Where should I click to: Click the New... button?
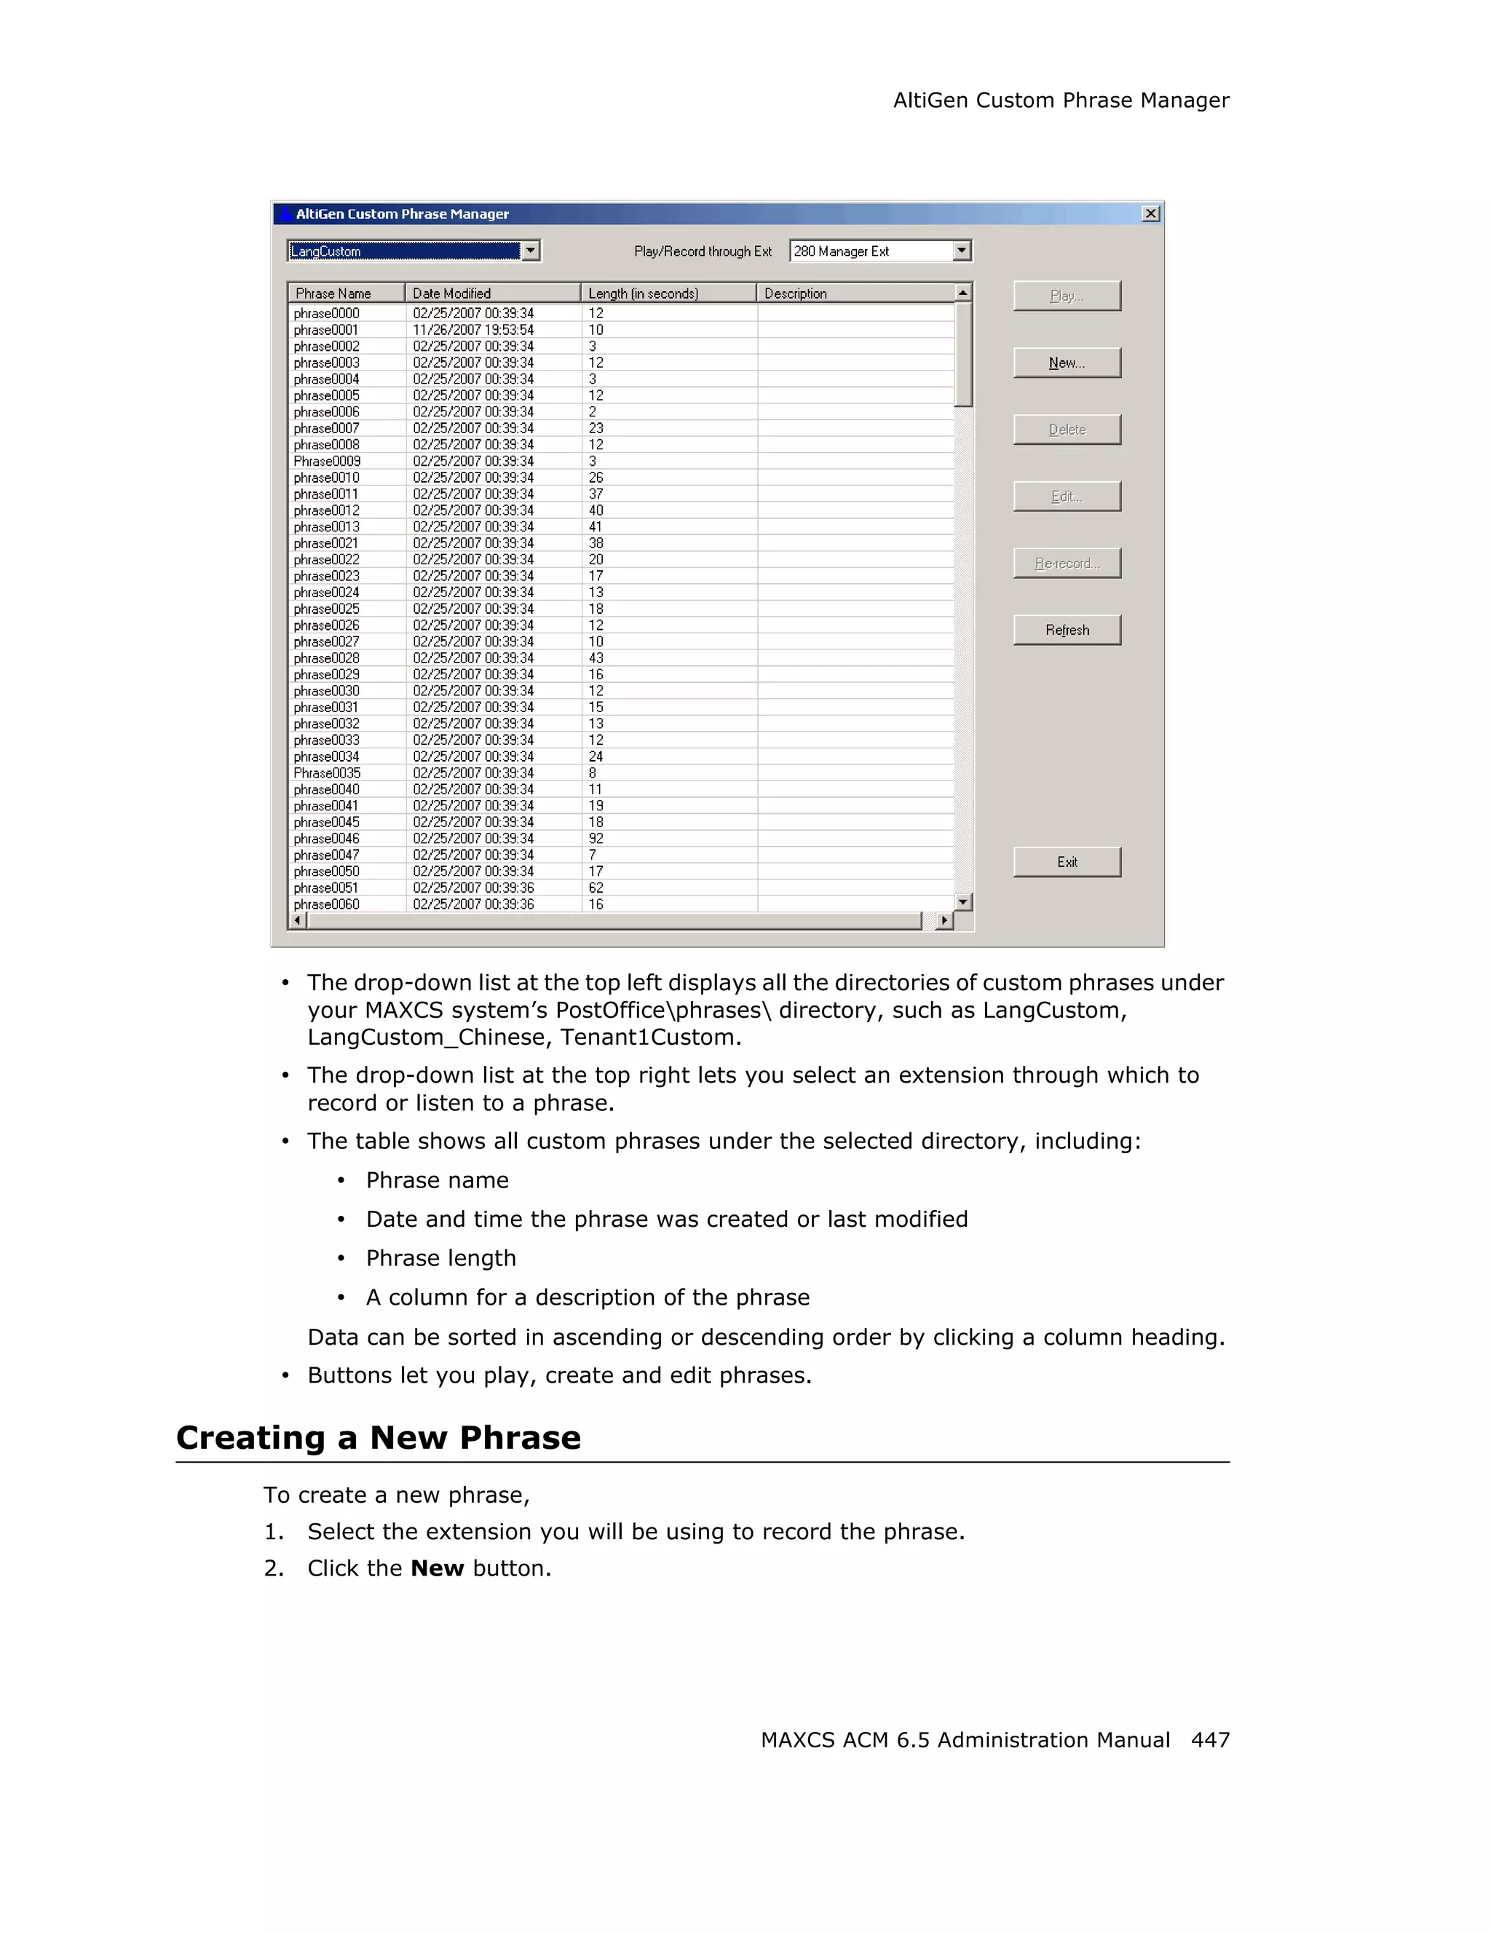point(1067,363)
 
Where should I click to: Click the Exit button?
point(1067,862)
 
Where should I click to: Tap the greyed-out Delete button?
point(1067,430)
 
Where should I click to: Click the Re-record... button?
point(1067,563)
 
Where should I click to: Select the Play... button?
point(1067,296)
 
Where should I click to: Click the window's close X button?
point(1150,213)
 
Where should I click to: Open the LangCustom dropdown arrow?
point(530,250)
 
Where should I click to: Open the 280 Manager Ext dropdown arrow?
point(962,250)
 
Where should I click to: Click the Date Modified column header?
point(492,293)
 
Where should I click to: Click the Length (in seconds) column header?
point(667,293)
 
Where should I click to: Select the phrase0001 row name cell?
point(326,330)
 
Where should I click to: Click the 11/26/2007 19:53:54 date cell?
point(473,330)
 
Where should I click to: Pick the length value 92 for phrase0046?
point(596,839)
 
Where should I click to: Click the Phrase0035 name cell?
point(328,773)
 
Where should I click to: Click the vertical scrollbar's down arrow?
point(964,902)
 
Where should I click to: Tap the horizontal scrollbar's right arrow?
point(945,920)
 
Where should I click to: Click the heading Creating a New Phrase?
point(379,1437)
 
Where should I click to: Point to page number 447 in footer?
point(1209,1740)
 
